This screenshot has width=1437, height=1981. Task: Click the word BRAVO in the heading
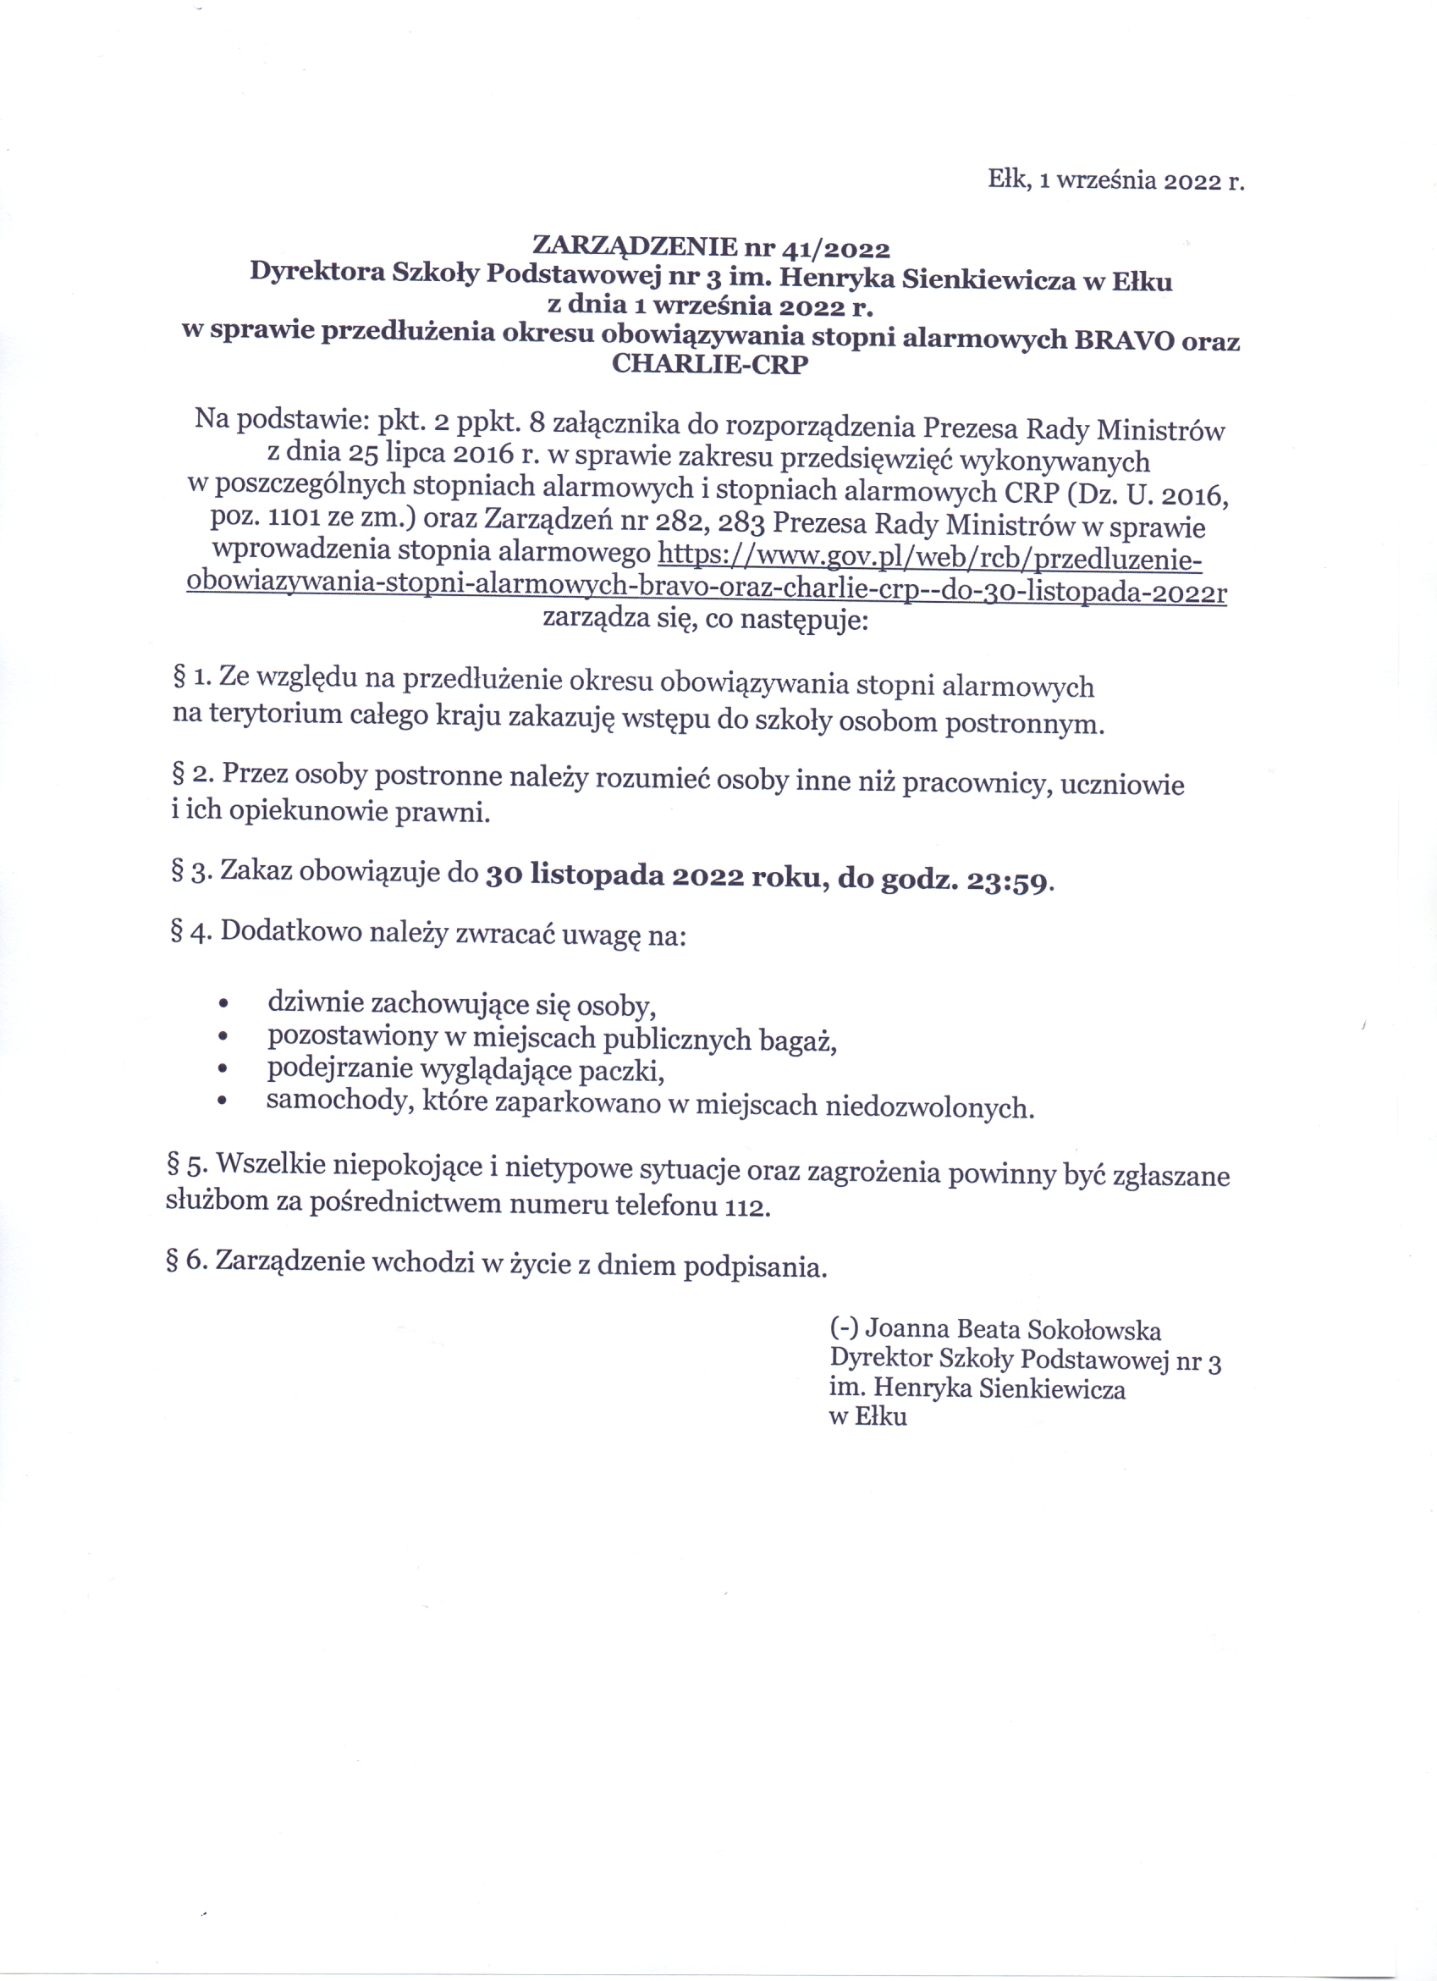coord(1124,339)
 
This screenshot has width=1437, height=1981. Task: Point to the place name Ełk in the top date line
coord(1010,179)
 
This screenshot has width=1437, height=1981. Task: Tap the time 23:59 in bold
coord(1006,881)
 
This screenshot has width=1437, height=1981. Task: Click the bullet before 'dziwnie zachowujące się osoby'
coord(224,1005)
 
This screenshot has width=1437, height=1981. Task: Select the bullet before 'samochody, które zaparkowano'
coord(223,1101)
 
